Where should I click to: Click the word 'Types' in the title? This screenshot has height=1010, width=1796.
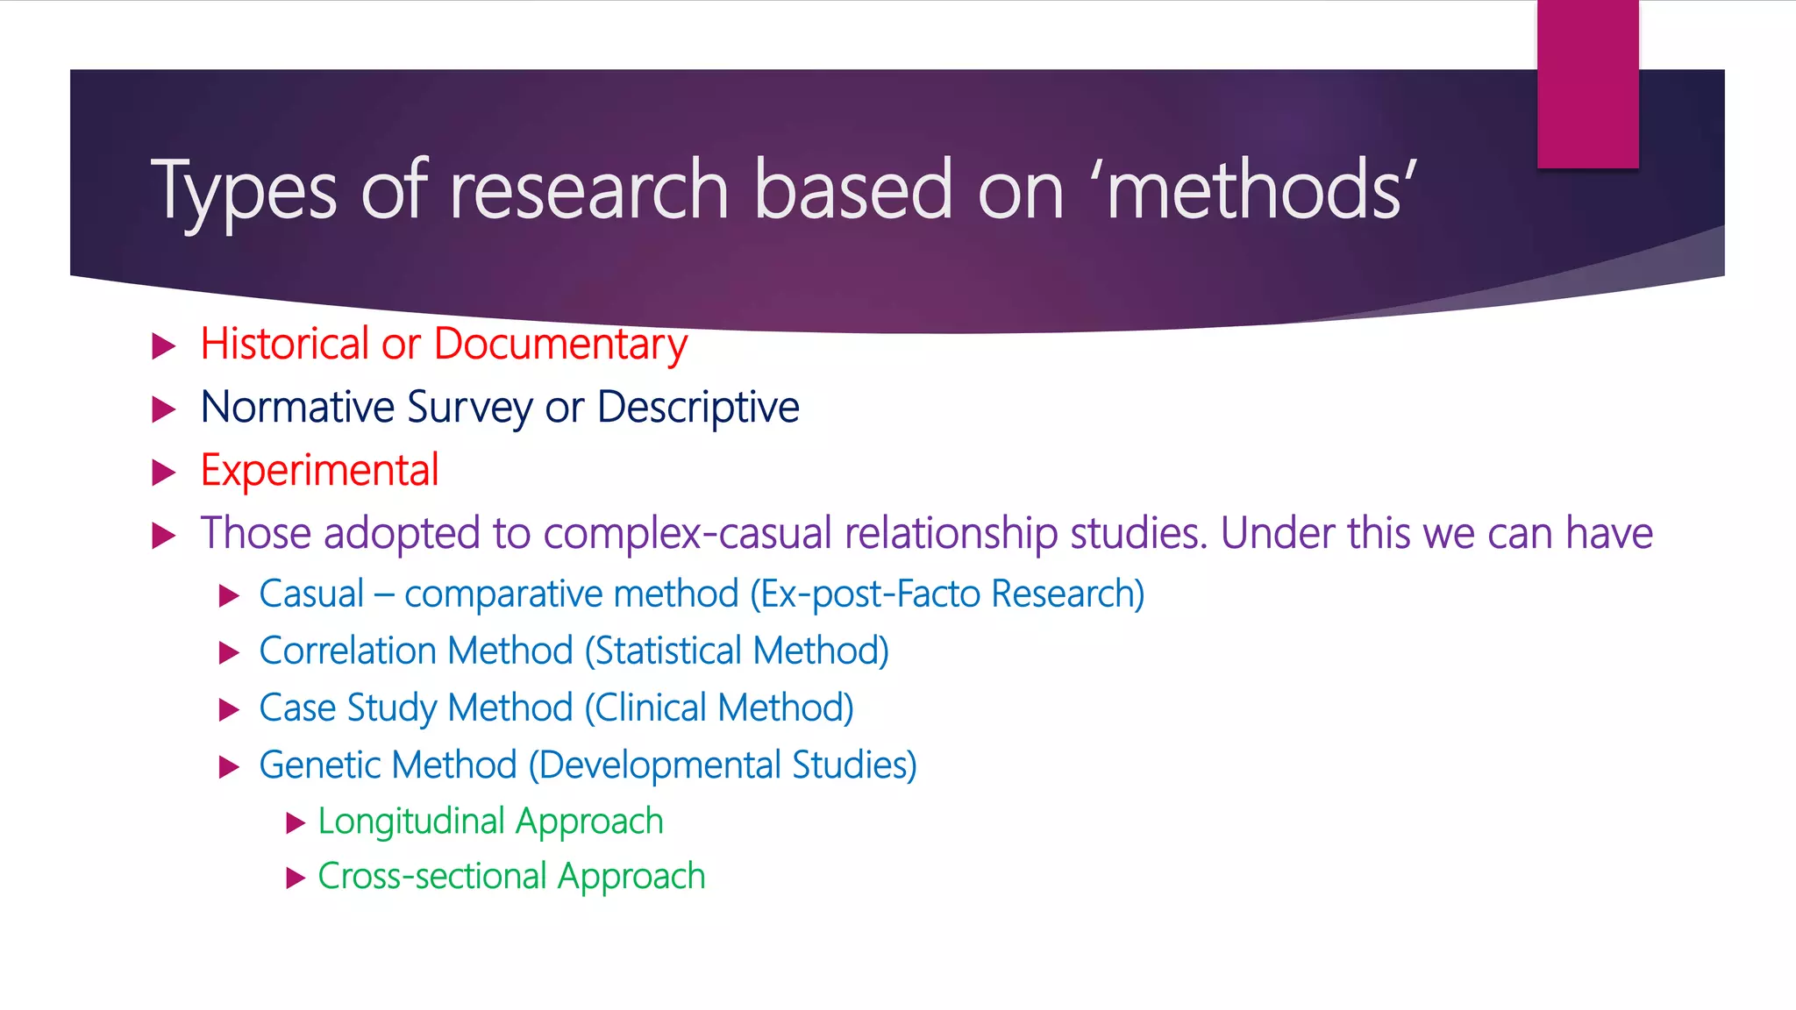point(244,190)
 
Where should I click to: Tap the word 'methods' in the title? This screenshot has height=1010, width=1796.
point(1254,190)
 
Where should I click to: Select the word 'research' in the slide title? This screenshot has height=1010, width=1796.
point(588,190)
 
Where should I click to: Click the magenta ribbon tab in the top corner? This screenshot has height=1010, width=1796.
point(1587,83)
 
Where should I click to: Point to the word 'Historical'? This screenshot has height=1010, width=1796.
point(284,344)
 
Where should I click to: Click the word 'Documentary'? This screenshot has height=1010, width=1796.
point(560,344)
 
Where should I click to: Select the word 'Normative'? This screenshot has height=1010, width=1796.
point(297,408)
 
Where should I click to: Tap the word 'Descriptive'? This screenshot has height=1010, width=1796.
point(698,408)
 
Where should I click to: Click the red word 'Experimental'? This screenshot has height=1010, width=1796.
point(319,471)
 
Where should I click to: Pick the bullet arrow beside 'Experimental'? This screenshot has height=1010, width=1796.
point(164,473)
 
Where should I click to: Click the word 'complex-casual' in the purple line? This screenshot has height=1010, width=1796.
point(687,534)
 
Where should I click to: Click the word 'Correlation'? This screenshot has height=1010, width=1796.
point(347,651)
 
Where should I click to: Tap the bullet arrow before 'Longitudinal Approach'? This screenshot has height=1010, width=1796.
point(296,822)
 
